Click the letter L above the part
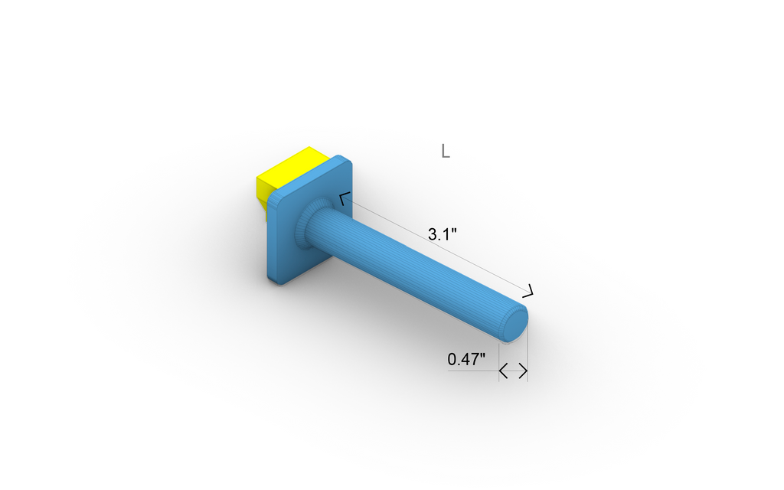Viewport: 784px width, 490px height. coord(445,151)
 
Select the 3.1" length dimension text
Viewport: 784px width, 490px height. coord(443,234)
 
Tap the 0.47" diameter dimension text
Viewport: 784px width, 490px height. coord(467,358)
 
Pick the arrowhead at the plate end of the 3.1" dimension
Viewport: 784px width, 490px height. coord(344,200)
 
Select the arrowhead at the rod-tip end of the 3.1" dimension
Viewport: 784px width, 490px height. coord(528,290)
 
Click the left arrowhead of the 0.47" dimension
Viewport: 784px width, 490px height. coord(504,371)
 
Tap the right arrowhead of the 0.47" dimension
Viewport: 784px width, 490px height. coord(523,371)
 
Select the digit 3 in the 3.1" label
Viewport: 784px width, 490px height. coord(433,234)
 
